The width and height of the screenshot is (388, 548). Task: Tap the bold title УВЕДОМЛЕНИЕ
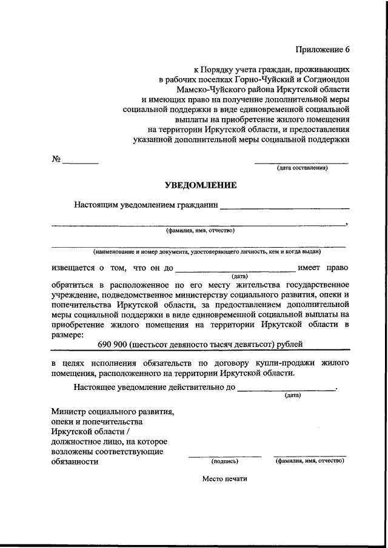(201, 185)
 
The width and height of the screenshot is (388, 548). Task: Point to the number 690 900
(113, 345)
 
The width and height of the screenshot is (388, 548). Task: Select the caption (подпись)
(225, 461)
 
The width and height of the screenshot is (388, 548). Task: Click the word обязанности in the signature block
(75, 461)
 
